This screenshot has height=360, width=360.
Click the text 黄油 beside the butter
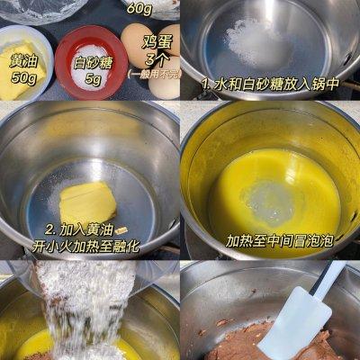coord(22,60)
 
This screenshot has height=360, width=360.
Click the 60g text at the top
coord(139,8)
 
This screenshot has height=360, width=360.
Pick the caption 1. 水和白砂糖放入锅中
coord(269,85)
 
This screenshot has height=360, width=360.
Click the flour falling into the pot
coord(81,315)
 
